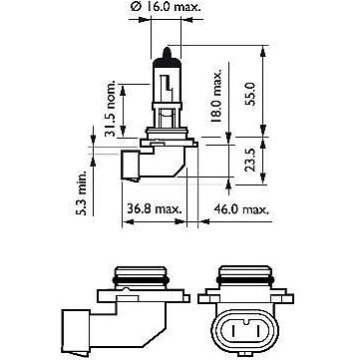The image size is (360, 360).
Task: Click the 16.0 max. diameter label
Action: tap(166, 8)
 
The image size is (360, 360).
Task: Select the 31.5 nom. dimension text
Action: tap(110, 109)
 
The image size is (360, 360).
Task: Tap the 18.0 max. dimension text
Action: tap(216, 97)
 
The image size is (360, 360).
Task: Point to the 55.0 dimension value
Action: tap(251, 95)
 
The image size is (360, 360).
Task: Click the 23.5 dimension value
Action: tap(251, 160)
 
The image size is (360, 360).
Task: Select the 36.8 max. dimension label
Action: tap(155, 209)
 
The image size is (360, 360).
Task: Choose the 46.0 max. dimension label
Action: tap(241, 209)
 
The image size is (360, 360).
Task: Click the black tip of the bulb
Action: tap(167, 54)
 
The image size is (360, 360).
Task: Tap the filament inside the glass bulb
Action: tap(167, 85)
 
